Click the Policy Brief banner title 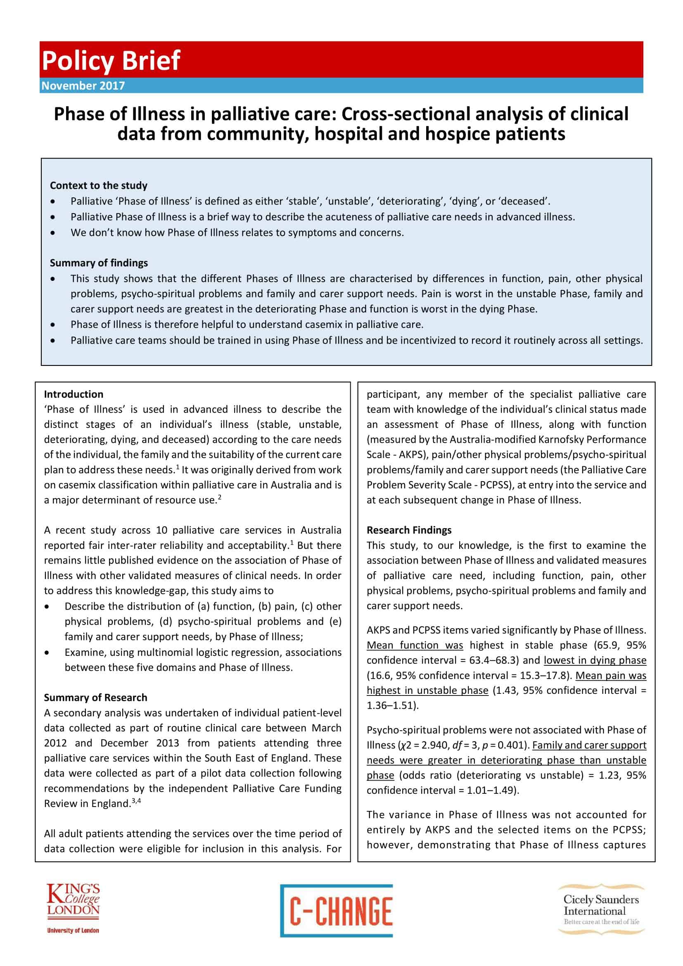click(111, 60)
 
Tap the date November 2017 click(83, 85)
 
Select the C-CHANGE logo click(337, 911)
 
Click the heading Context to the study click(98, 185)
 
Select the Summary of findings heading click(99, 263)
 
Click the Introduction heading click(74, 394)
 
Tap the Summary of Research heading click(95, 698)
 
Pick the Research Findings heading click(409, 530)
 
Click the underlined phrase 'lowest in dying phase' click(595, 660)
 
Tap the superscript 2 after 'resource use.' click(220, 497)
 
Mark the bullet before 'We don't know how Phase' click(52, 233)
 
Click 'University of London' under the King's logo click(73, 930)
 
